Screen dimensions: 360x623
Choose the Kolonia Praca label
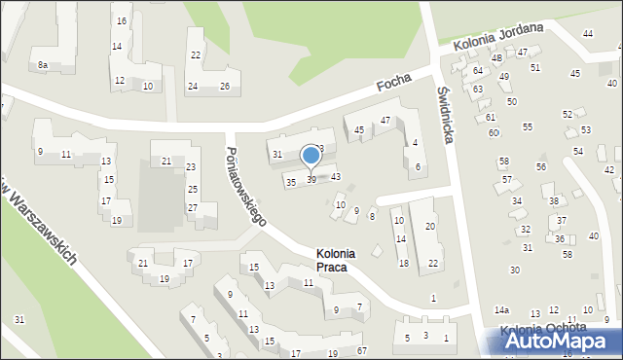(336, 260)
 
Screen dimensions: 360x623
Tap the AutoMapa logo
(559, 340)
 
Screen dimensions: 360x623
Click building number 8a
(43, 64)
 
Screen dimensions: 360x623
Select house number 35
(290, 182)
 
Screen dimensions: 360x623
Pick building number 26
(224, 87)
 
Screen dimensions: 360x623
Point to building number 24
(193, 87)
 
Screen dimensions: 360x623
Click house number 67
(361, 350)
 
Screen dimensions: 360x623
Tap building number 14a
(501, 310)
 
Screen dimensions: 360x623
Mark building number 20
(430, 226)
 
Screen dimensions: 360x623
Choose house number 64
(477, 71)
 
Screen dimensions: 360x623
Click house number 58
(503, 162)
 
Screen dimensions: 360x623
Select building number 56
(541, 167)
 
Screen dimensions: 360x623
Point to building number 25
(193, 189)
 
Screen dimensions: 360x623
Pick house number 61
(490, 117)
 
